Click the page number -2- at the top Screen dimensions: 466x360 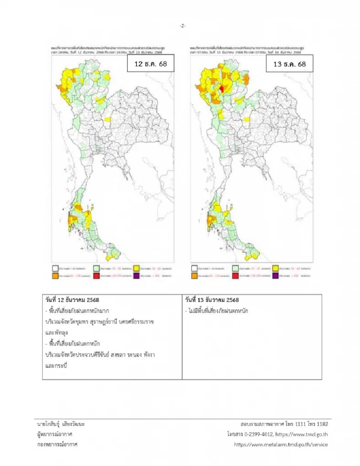tap(182, 26)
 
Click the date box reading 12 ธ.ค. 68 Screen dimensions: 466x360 tap(150, 64)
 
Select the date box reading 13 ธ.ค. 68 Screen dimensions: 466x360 tap(289, 64)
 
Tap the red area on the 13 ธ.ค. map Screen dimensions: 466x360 tap(221, 89)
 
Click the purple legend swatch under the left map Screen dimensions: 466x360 tap(136, 276)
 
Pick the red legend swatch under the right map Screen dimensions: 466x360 tap(235, 276)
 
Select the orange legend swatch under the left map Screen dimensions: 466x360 tap(55, 276)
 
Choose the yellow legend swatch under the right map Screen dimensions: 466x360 tap(276, 268)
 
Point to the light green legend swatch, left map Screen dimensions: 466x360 tap(96, 268)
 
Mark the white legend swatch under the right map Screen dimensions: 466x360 tap(194, 268)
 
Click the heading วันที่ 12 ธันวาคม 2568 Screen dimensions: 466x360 tap(72, 300)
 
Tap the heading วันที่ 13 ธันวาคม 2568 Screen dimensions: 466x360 tap(212, 300)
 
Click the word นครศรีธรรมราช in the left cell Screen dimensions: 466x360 tap(136, 322)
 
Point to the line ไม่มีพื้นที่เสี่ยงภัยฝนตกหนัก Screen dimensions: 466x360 tap(216, 311)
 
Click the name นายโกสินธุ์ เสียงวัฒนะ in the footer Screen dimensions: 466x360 tap(61, 424)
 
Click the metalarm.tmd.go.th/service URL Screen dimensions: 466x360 tap(281, 445)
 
